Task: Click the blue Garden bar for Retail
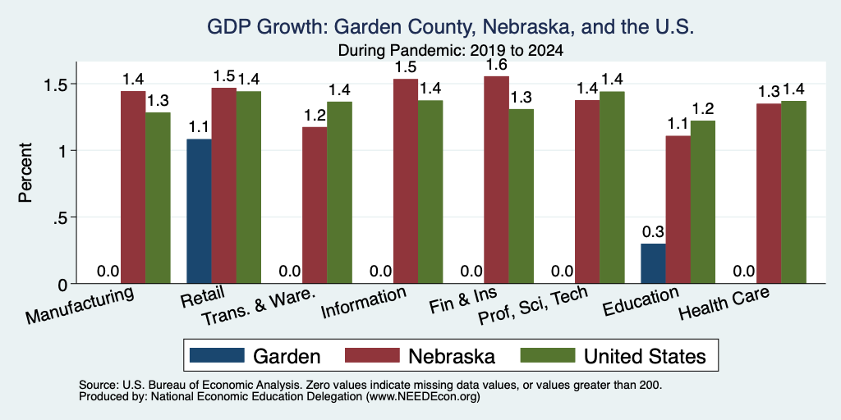click(199, 211)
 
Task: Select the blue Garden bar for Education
click(653, 263)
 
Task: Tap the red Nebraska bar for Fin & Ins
click(497, 180)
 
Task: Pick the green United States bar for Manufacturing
click(158, 198)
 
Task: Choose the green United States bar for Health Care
click(794, 192)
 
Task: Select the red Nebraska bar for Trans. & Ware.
click(315, 205)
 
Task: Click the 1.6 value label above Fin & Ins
click(497, 66)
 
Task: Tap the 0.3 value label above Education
click(653, 232)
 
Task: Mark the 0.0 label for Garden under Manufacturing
click(108, 272)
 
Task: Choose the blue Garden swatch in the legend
click(217, 354)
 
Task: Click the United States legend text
click(644, 356)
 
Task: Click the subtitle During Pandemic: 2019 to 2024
click(450, 51)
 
